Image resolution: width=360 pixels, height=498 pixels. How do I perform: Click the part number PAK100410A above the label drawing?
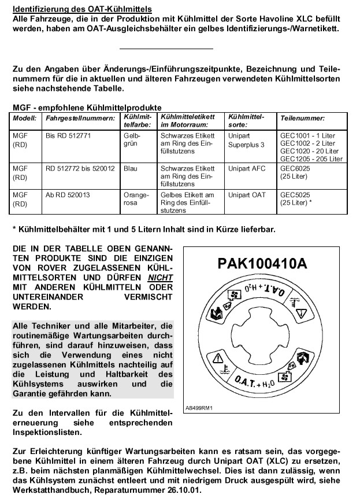coord(262,263)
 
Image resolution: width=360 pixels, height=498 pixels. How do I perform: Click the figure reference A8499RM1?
coord(199,407)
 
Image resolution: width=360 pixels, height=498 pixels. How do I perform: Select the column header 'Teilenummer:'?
coord(298,117)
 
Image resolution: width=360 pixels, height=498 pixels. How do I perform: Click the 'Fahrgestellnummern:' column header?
coord(74,117)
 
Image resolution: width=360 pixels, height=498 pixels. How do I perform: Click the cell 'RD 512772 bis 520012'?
coord(80,169)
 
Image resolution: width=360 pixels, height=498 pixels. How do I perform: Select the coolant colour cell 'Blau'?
coord(131,169)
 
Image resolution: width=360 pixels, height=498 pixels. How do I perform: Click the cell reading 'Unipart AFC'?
coord(247,169)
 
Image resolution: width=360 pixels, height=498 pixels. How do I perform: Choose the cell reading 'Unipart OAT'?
coord(247,195)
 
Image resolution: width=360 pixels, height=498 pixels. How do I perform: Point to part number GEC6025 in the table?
coord(295,169)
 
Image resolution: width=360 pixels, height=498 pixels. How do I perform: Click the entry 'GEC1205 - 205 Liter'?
coord(311,158)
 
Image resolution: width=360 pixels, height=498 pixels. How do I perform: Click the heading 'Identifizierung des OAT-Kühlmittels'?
coord(82,9)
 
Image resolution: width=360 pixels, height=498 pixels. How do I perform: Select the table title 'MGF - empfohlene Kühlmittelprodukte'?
coord(87,107)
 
